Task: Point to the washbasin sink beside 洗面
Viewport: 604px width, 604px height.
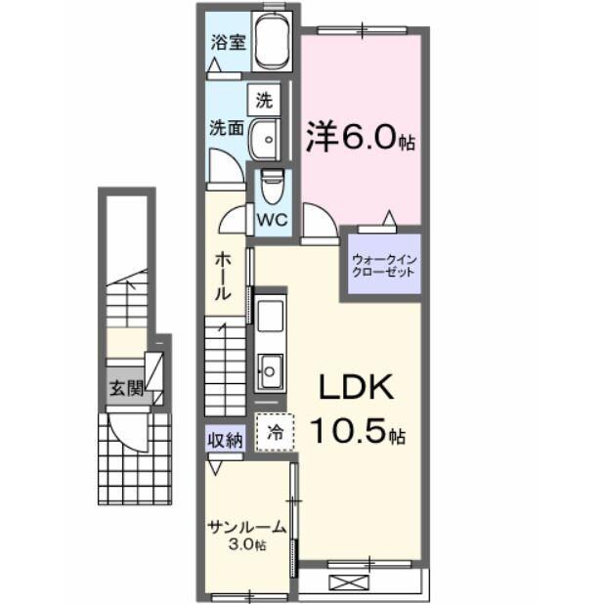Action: [x=263, y=140]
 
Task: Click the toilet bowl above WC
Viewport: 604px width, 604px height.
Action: [x=273, y=186]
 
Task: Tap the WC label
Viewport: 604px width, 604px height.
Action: [x=272, y=220]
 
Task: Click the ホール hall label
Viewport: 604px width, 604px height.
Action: [x=224, y=275]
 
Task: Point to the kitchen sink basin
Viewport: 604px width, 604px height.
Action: [x=269, y=370]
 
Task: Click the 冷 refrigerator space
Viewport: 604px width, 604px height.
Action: [x=275, y=431]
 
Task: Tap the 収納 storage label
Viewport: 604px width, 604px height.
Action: [x=224, y=440]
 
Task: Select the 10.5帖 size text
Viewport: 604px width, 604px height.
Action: [x=358, y=429]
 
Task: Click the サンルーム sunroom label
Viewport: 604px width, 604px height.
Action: [x=246, y=527]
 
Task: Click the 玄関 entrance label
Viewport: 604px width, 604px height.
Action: [x=126, y=388]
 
